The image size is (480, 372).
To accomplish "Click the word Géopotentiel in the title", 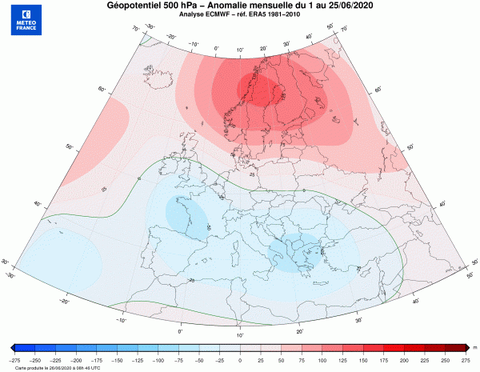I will [138, 6].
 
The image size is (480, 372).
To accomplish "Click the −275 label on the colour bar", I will [14, 361].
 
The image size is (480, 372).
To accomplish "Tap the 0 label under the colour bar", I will [239, 361].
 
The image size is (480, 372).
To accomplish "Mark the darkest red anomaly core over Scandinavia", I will [264, 92].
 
